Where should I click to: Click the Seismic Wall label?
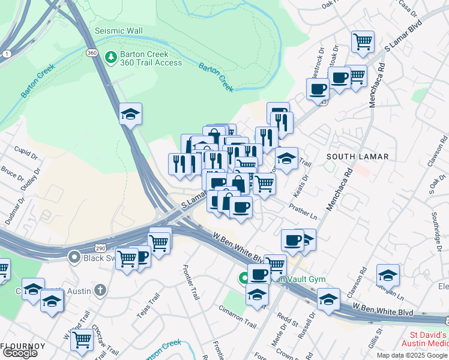coord(118,31)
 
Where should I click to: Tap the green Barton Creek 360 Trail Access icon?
coord(110,57)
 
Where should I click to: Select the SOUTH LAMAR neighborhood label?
coord(358,157)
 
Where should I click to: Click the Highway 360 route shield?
coord(92,53)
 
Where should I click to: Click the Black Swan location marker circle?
coord(74,257)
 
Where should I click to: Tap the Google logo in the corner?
coord(19,353)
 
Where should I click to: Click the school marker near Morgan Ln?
coord(388,275)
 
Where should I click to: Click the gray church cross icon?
coord(100,291)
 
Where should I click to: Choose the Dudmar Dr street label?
coord(11,214)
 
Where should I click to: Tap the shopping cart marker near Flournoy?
coord(82,340)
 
